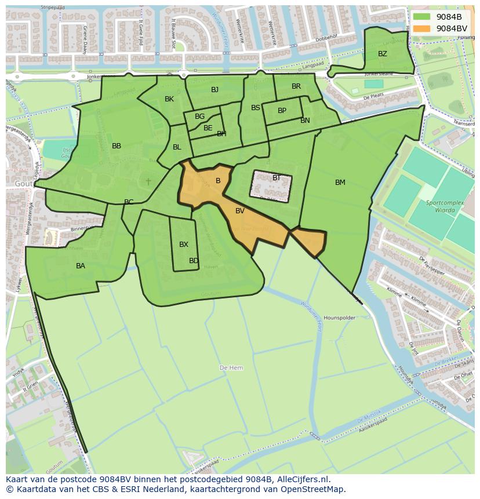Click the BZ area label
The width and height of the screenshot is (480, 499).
coord(382,54)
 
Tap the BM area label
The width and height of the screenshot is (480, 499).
coord(340,183)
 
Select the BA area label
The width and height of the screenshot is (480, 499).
coord(81,266)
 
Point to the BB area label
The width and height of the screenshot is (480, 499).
coord(117,146)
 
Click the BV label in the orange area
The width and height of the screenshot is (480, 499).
coord(240,211)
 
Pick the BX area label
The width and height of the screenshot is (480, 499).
coord(184,245)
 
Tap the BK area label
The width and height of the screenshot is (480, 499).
coord(169,99)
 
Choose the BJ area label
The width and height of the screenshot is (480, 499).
coord(214,89)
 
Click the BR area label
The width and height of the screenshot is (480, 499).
coord(296,86)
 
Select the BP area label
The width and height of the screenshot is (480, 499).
coord(282,111)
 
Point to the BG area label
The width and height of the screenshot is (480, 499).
coord(199,116)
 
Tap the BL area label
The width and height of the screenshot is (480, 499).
coord(177,147)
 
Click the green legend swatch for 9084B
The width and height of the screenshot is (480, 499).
coord(422,16)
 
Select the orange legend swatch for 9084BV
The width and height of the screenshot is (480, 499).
coord(422,28)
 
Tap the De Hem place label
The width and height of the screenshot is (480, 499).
coord(231,368)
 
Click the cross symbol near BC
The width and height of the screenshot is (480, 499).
coord(148,181)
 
